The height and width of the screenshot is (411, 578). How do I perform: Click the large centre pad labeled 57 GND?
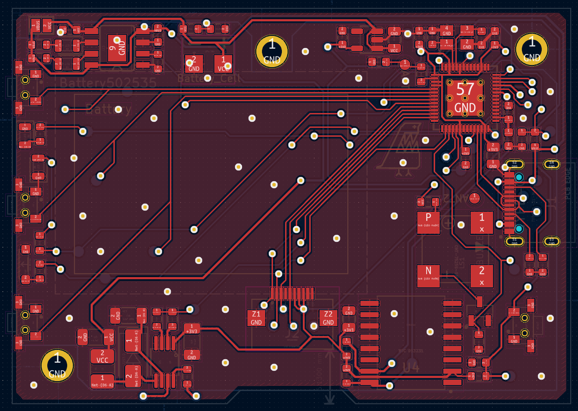[x=465, y=98]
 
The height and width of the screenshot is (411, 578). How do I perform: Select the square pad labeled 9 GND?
[x=117, y=48]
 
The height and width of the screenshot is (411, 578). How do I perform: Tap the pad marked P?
[x=428, y=222]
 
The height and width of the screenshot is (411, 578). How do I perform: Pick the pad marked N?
[x=428, y=275]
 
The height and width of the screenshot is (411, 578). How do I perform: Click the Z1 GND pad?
[x=256, y=318]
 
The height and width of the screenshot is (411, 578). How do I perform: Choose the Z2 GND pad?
[x=328, y=318]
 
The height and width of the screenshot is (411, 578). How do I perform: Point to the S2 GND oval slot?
[x=514, y=164]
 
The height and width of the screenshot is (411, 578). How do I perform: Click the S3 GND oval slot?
[x=551, y=242]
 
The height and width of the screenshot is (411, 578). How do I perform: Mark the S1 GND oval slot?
[x=514, y=242]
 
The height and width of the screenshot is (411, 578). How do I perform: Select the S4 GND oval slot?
[x=551, y=164]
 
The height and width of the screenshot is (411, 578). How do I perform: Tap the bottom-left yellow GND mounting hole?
[x=57, y=366]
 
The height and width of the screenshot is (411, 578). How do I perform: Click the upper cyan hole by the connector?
[x=519, y=177]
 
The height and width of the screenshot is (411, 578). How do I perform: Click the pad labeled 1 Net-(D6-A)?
[x=102, y=381]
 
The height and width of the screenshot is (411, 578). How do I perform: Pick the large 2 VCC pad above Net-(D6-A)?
[x=102, y=356]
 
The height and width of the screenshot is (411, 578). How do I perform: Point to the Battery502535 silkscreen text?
[x=108, y=83]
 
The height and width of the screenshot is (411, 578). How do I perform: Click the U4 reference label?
[x=411, y=367]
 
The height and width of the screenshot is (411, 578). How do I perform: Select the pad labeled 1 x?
[x=482, y=222]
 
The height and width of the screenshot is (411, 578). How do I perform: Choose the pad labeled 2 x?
[x=482, y=275]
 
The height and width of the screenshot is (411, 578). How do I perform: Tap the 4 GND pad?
[x=446, y=31]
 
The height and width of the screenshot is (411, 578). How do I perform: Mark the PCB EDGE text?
[x=568, y=183]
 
